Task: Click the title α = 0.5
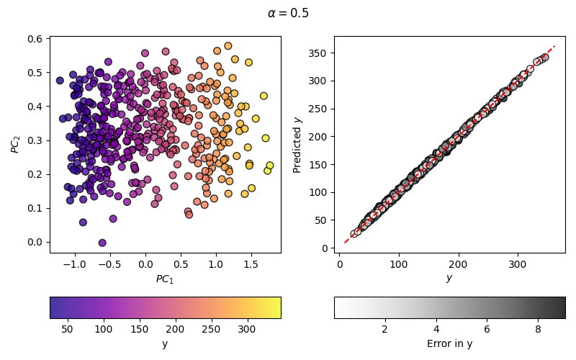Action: [x=288, y=13]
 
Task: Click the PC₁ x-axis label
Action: [x=165, y=279]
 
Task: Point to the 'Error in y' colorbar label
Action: [x=449, y=344]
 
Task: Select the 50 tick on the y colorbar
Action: [x=67, y=329]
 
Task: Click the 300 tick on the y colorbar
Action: [x=247, y=329]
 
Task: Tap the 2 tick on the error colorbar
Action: [x=384, y=329]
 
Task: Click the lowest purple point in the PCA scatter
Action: [x=102, y=243]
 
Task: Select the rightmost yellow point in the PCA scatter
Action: [x=270, y=166]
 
